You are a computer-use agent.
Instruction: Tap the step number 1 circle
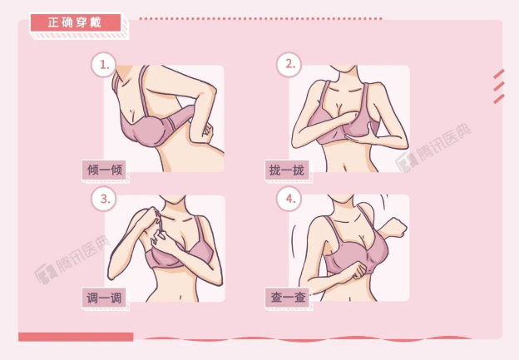coord(103,65)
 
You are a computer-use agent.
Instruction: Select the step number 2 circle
coord(289,65)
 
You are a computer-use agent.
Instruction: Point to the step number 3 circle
coord(103,199)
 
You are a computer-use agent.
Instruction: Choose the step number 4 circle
coord(289,199)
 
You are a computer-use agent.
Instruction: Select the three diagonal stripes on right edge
coord(498,86)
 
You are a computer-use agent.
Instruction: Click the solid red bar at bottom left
coord(76,337)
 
